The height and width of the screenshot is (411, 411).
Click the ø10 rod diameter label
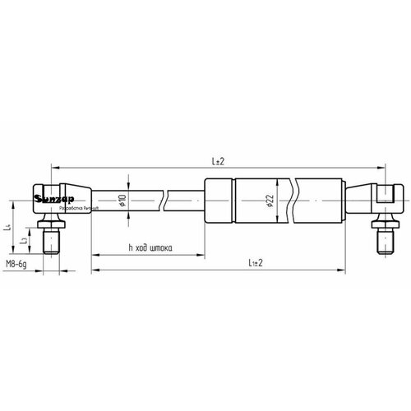pos(122,199)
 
